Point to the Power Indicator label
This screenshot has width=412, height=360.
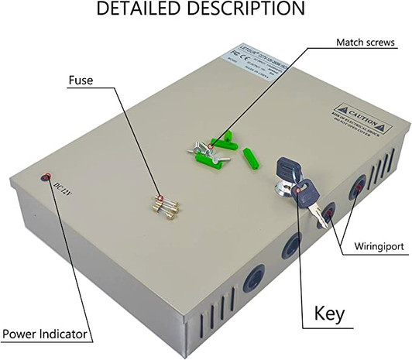[45, 336]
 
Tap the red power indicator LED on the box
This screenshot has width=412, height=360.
[45, 177]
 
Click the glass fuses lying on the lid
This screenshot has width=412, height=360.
[165, 205]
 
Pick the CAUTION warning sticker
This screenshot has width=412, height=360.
[358, 120]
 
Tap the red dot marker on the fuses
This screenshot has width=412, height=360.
[158, 199]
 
